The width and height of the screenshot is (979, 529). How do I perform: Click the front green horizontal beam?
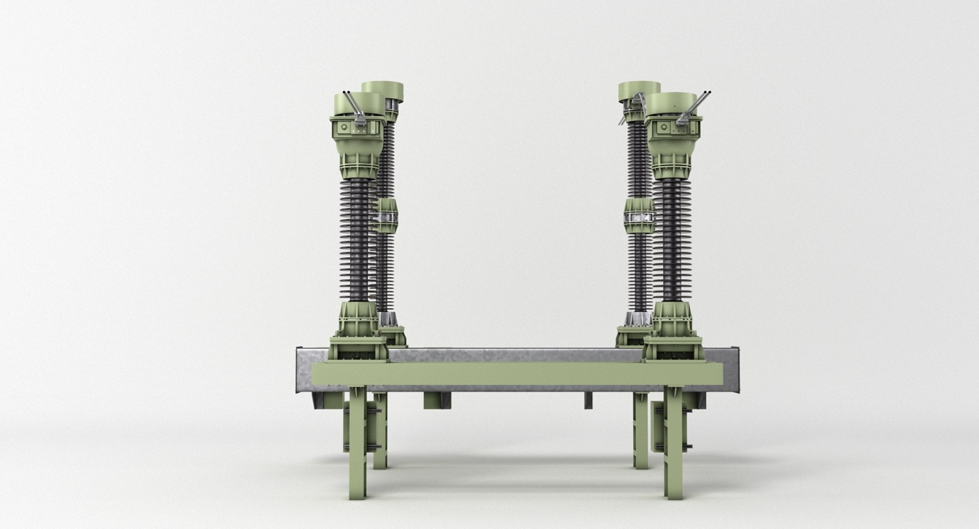click(489, 375)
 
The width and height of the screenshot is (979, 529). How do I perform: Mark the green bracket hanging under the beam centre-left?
click(437, 400)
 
